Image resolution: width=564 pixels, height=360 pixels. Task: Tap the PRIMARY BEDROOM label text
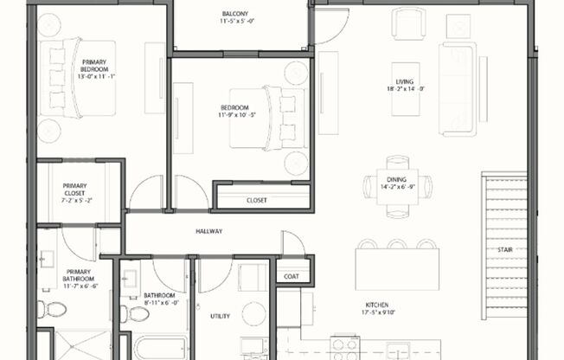click(94, 66)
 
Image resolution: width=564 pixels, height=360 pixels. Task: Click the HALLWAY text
click(208, 231)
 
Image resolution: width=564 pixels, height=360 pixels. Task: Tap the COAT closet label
click(292, 277)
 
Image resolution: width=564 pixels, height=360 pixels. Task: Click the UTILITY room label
click(221, 316)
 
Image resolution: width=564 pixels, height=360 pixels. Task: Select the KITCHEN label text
click(376, 305)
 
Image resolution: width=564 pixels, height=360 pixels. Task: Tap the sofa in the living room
click(457, 89)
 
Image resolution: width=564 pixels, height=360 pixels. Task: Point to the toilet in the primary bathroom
click(55, 308)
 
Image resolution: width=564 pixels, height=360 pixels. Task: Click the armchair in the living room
click(408, 23)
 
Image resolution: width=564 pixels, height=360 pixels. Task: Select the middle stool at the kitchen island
click(397, 245)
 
